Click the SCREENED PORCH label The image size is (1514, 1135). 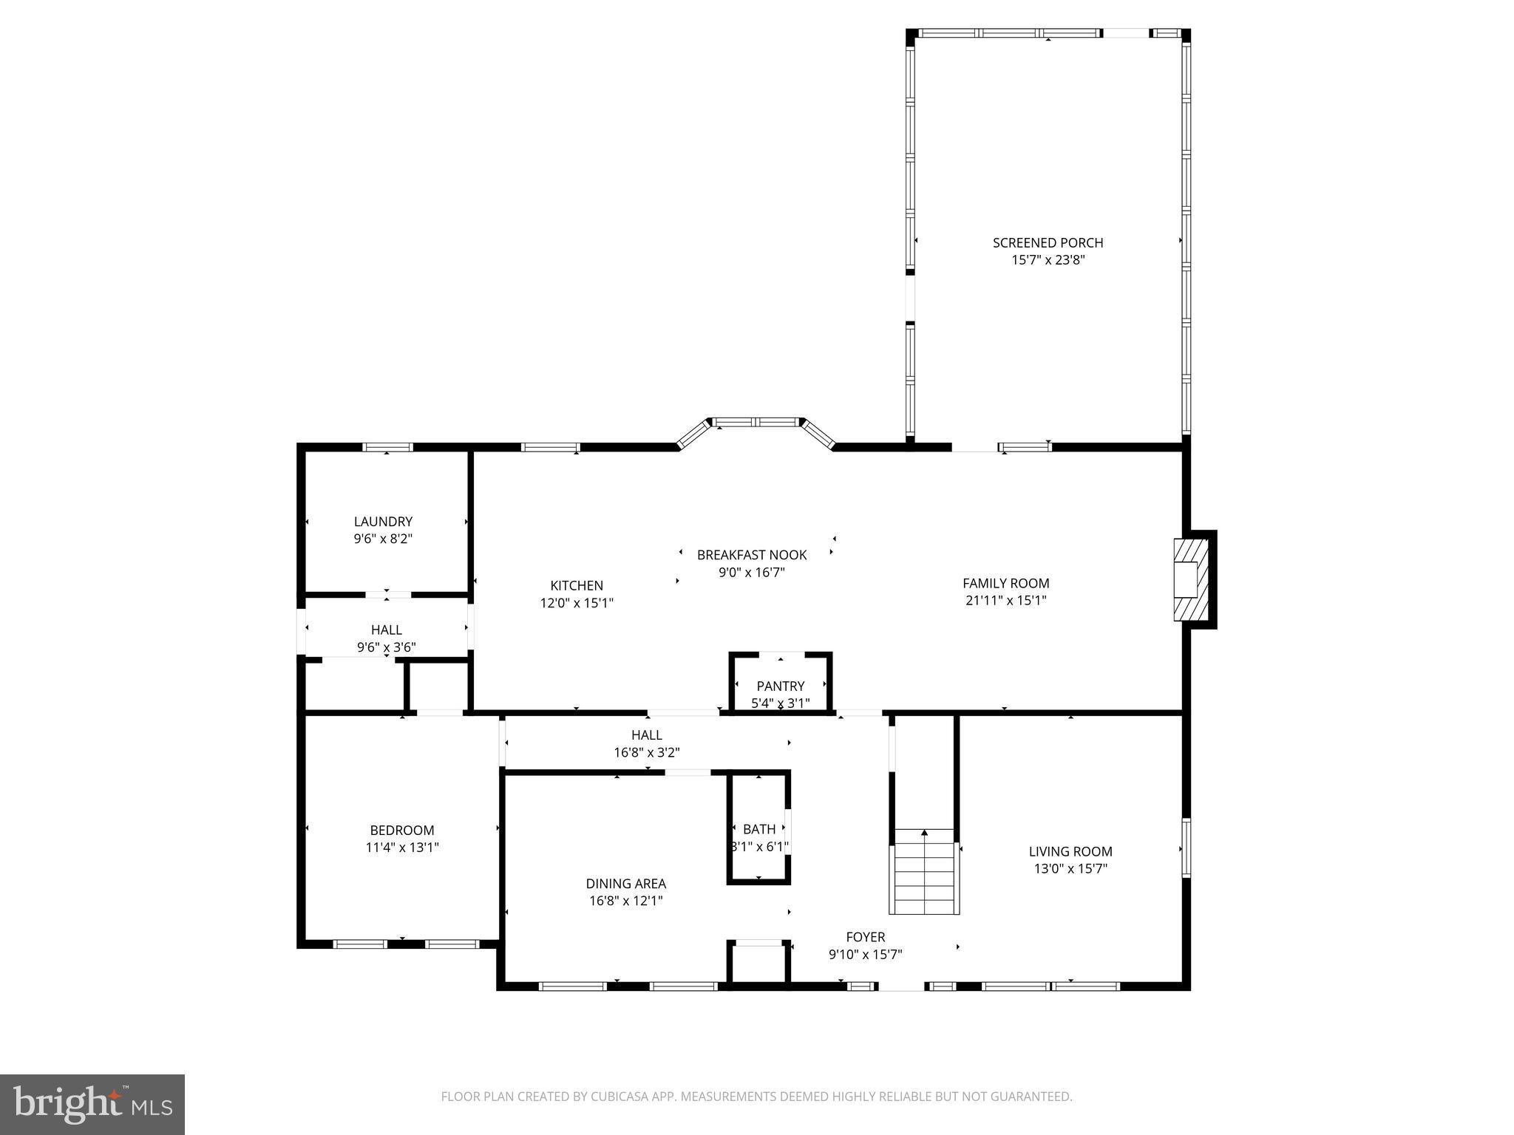pyautogui.click(x=1048, y=242)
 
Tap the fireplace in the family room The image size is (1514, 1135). pyautogui.click(x=1190, y=580)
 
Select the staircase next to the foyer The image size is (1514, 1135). pyautogui.click(x=924, y=872)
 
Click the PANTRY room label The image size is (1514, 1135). pyautogui.click(x=780, y=686)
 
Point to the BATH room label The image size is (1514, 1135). pyautogui.click(x=759, y=829)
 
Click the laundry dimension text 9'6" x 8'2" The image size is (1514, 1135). pyautogui.click(x=383, y=539)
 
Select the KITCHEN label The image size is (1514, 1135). pyautogui.click(x=577, y=585)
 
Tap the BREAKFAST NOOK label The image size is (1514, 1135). pyautogui.click(x=752, y=555)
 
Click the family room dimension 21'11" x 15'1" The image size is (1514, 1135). pyautogui.click(x=1005, y=601)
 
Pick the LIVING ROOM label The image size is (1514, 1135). pyautogui.click(x=1070, y=851)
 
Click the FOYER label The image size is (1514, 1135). pyautogui.click(x=866, y=937)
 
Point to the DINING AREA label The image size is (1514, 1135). pyautogui.click(x=626, y=883)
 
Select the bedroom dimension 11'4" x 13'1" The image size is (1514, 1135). pyautogui.click(x=402, y=848)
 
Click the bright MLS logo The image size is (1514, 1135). pyautogui.click(x=92, y=1105)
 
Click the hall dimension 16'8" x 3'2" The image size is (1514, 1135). pyautogui.click(x=647, y=753)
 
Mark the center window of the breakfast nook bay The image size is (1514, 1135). pyautogui.click(x=756, y=422)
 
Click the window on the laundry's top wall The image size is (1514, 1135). pyautogui.click(x=387, y=447)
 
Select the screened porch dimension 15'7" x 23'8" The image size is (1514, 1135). pyautogui.click(x=1048, y=260)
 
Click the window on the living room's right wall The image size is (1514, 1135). pyautogui.click(x=1186, y=848)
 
